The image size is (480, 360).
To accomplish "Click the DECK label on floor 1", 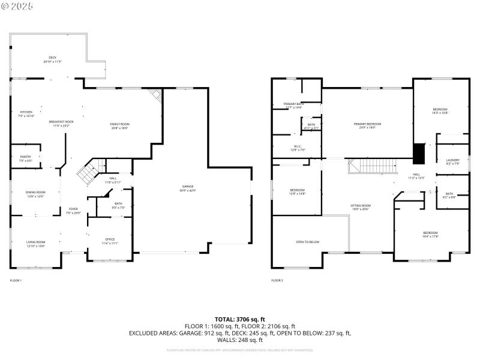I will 52,58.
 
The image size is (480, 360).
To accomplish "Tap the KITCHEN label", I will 26,112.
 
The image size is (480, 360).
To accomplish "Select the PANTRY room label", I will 25,157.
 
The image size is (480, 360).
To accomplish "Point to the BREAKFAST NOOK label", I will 62,122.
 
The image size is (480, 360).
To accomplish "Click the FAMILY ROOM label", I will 120,124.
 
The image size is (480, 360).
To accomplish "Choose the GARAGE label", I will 188,187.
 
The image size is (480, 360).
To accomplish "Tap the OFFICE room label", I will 110,240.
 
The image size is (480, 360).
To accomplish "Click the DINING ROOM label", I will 35,193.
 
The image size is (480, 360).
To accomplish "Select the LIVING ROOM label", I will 36,242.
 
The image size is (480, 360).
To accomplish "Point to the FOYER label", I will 73,209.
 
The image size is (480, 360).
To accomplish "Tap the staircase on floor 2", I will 371,166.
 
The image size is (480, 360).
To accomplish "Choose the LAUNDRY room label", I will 452,160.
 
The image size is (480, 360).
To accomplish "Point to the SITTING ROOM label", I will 361,206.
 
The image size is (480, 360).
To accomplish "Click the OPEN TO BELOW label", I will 307,242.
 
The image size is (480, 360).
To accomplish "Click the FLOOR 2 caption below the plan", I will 277,280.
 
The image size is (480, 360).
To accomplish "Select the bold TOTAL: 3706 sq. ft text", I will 239,319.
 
